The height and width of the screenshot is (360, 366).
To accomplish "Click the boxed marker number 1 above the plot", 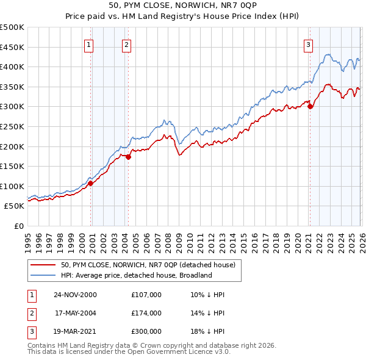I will click(x=89, y=44).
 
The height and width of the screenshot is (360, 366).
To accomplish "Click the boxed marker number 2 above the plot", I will click(x=126, y=44).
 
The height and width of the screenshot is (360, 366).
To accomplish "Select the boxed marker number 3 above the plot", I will click(x=309, y=44).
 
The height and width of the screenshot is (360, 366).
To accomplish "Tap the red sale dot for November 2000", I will click(x=90, y=183).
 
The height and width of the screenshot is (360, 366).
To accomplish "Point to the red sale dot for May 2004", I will click(x=128, y=157).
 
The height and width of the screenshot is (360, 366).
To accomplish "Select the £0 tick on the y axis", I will click(x=18, y=226).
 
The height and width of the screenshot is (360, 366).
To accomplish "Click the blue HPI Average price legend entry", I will click(x=136, y=275).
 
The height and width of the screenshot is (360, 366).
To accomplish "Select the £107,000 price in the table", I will click(x=146, y=294).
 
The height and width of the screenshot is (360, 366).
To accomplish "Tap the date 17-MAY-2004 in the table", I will click(x=76, y=313).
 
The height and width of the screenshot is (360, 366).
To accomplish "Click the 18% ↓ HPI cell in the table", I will click(x=208, y=332).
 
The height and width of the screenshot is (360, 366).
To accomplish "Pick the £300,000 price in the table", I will click(x=146, y=332).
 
